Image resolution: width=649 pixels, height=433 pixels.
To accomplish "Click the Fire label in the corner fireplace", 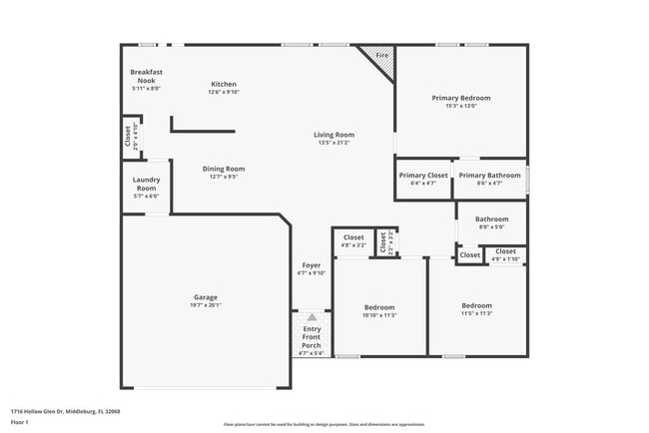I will pos(381,56).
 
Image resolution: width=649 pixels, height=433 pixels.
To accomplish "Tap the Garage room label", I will pos(206,297).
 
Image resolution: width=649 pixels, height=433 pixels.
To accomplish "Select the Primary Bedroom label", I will pos(461,98).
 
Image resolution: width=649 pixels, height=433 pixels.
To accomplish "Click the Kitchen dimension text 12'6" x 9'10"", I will pos(224,93).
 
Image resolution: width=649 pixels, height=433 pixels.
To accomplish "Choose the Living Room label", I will pos(334,135).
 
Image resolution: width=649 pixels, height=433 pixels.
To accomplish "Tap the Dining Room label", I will pos(224,169).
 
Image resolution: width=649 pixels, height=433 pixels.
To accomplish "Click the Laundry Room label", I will pos(146,184).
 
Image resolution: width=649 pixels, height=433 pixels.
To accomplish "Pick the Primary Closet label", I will pos(423,176).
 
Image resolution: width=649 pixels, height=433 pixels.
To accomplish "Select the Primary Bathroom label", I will pos(490,176).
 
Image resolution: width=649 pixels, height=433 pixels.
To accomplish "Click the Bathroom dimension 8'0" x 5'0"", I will pos(491,226).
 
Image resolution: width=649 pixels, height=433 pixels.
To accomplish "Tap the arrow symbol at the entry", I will pos(312,316).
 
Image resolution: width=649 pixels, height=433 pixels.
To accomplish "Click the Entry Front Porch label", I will pos(313,337).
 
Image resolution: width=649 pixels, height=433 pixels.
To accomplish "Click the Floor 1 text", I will pos(19,422).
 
